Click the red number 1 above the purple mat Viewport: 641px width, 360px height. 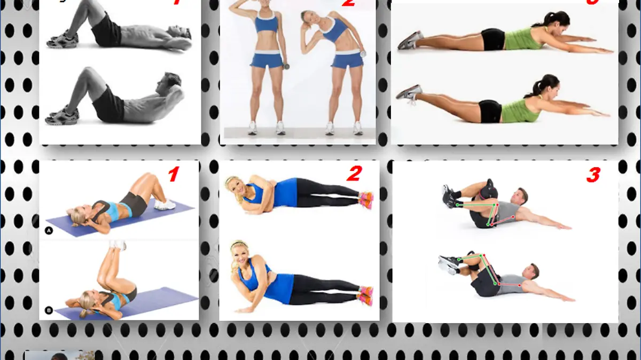(x=173, y=174)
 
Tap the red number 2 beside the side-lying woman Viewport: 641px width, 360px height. (x=354, y=174)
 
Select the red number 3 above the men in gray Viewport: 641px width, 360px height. (x=593, y=175)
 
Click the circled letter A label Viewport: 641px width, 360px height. (x=49, y=231)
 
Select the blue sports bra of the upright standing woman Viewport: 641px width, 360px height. (x=265, y=24)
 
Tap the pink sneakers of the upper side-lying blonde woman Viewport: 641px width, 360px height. (x=366, y=200)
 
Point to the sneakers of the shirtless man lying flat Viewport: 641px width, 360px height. (x=62, y=40)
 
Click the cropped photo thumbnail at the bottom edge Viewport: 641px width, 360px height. (x=59, y=355)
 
